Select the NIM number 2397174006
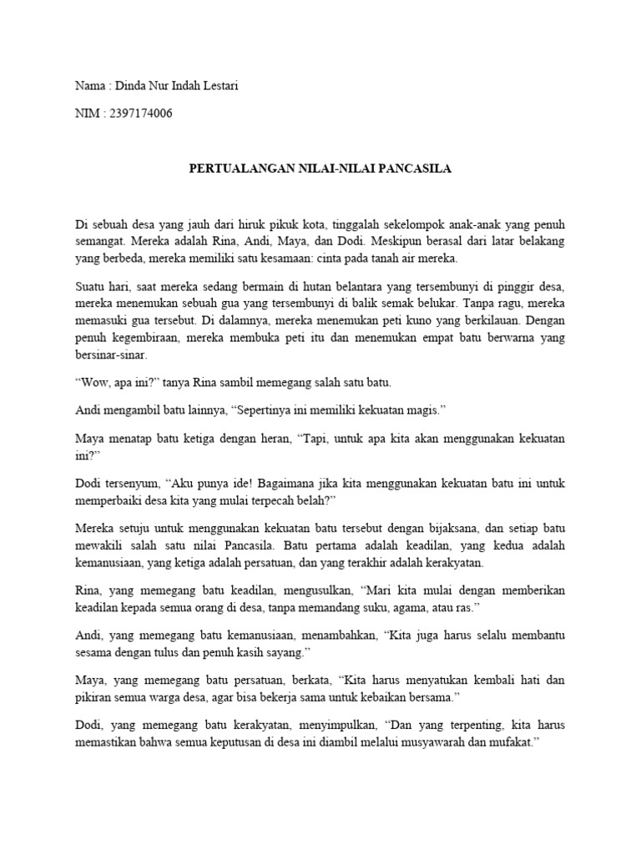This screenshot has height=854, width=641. pyautogui.click(x=140, y=113)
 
